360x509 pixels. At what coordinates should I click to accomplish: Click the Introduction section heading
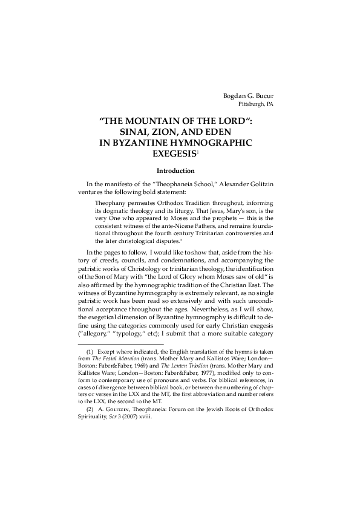(x=175, y=171)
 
